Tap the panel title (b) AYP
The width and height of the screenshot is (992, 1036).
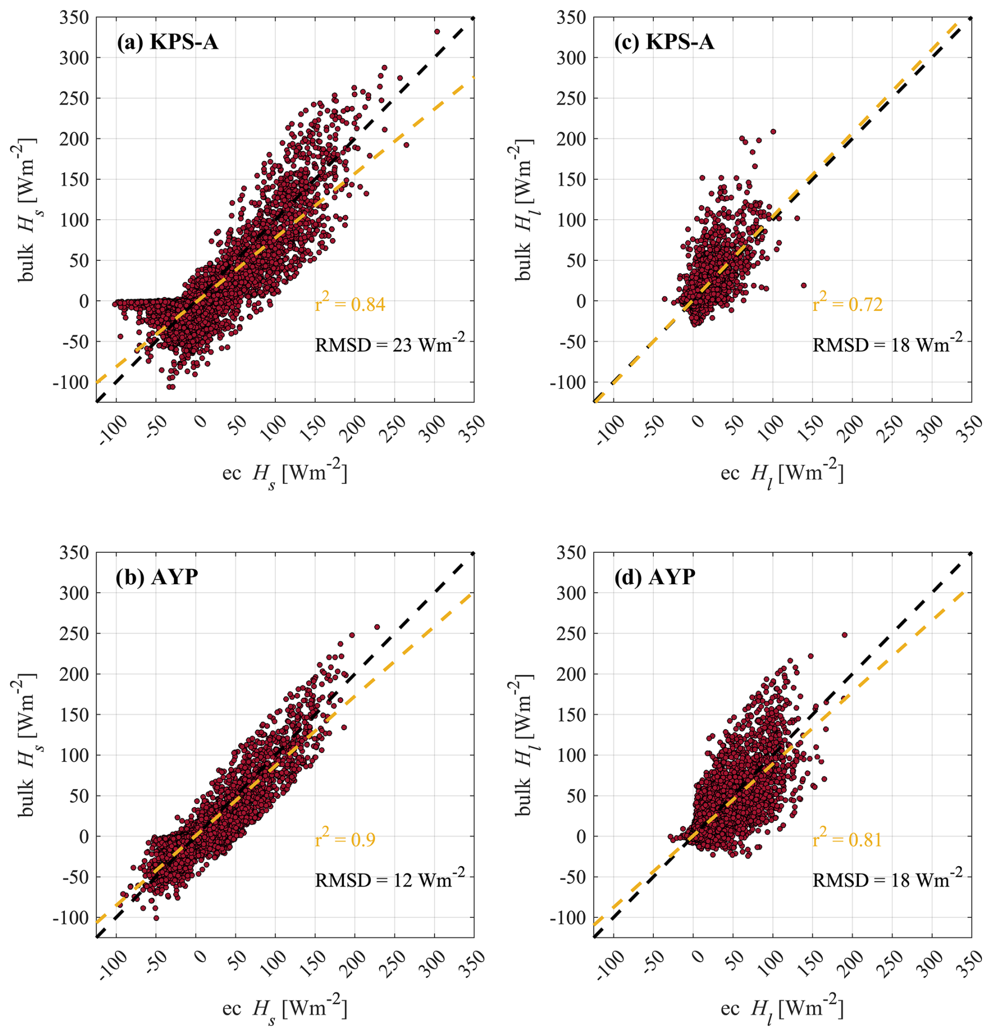156,577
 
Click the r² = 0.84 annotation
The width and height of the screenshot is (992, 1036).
350,303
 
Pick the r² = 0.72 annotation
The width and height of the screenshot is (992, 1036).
847,303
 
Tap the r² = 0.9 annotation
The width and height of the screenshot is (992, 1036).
345,838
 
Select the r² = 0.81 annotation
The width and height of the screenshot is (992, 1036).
847,838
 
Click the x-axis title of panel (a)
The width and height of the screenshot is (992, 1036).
285,474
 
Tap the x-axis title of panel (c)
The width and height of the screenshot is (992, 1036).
782,474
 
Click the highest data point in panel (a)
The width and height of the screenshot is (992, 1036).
437,31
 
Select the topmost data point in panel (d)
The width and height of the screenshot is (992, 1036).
845,635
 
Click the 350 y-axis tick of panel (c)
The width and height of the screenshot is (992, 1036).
571,18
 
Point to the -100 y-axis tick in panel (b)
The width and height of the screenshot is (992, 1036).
71,918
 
